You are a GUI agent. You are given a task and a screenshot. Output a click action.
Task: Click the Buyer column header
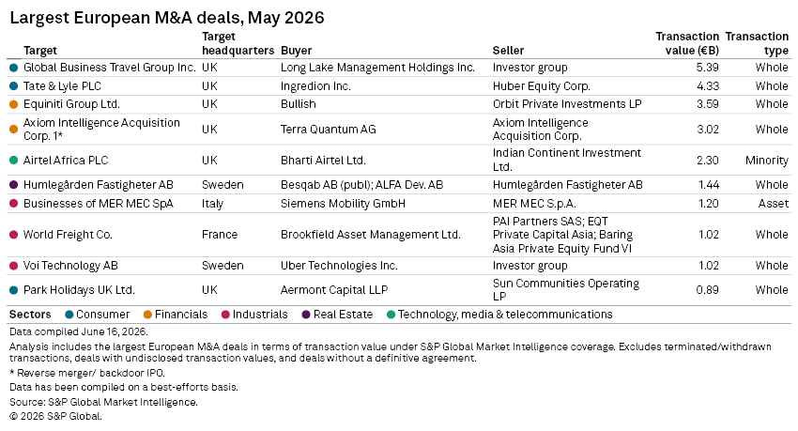click(x=296, y=51)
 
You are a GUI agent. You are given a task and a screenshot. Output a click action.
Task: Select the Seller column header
click(x=508, y=51)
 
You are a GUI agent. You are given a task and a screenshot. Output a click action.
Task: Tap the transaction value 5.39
click(x=708, y=68)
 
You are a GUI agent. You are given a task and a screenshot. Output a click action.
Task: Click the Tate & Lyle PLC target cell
click(x=62, y=86)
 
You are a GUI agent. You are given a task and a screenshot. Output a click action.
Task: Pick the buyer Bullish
click(x=299, y=104)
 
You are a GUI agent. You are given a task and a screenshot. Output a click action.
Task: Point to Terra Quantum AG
click(x=329, y=130)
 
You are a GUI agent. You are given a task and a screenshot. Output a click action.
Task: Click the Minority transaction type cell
click(x=766, y=161)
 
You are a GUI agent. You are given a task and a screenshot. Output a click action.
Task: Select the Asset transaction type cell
click(x=773, y=204)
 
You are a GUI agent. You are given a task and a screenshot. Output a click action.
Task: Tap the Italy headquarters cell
click(x=213, y=204)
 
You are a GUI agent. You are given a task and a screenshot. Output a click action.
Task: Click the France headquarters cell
click(x=220, y=235)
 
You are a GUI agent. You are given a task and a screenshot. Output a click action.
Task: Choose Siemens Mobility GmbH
click(x=343, y=204)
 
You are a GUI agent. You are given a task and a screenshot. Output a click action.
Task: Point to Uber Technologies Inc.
click(x=339, y=266)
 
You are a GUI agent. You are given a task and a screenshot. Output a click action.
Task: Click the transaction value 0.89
click(x=708, y=289)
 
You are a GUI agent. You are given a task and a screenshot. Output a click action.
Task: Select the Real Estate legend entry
click(x=338, y=315)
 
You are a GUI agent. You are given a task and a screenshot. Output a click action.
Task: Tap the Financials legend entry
click(x=176, y=315)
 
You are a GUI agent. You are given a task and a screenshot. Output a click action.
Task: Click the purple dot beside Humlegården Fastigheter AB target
click(x=14, y=185)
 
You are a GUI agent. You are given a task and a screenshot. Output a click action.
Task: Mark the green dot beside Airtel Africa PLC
click(x=14, y=161)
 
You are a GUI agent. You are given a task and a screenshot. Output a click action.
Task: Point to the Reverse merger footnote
click(x=87, y=373)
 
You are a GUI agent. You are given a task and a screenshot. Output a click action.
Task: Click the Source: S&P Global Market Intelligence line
click(x=103, y=402)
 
